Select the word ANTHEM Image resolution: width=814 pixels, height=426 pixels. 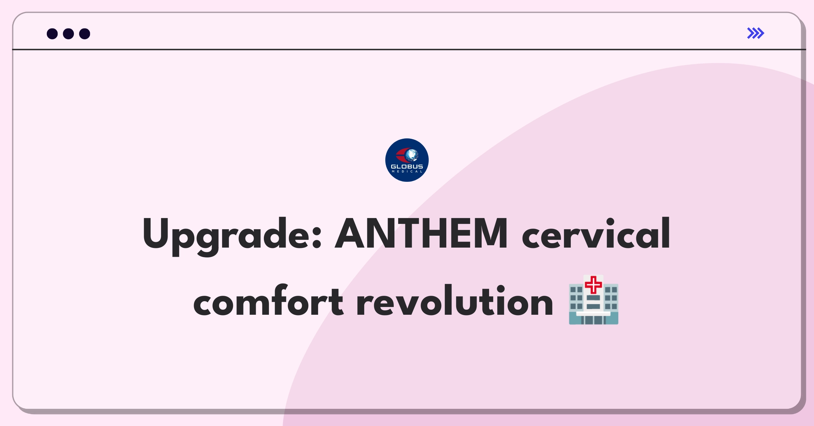pos(421,233)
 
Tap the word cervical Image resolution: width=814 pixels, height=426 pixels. pos(596,233)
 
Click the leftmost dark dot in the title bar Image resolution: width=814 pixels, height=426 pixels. pos(52,34)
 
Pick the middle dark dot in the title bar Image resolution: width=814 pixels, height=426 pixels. pos(69,34)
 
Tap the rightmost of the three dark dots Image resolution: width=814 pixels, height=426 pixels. pos(85,34)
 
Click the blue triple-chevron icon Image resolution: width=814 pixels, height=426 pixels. pos(756,33)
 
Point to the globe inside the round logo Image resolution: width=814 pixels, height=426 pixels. pos(411,155)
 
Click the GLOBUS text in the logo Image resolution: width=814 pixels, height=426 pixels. pos(407,167)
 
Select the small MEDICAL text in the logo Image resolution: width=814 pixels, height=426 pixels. pos(407,172)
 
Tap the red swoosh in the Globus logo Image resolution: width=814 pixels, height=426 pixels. pos(402,155)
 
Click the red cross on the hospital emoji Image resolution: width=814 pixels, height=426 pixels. pos(594,285)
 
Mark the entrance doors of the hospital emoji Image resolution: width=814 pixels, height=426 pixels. pos(594,320)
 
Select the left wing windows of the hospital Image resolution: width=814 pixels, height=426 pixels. pos(576,298)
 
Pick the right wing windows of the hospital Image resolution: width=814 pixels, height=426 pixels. pos(611,298)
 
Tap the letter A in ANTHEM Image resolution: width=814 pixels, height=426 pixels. pos(351,233)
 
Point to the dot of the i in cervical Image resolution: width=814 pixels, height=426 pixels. pos(610,222)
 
